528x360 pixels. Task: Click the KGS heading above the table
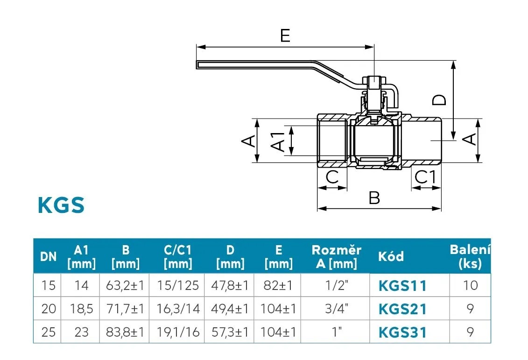[x=61, y=205]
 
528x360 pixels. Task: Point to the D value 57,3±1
[x=230, y=332]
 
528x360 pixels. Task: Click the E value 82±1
[x=278, y=285]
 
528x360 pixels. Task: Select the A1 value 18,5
[x=81, y=309]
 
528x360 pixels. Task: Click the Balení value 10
[x=470, y=285]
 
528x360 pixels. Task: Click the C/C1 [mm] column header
[x=178, y=257]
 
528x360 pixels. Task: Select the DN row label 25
[x=48, y=332]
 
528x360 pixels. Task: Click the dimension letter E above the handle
[x=285, y=35]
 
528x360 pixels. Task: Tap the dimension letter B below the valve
[x=374, y=198]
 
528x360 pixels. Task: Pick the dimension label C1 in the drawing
[x=426, y=177]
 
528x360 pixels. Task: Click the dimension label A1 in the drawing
[x=278, y=141]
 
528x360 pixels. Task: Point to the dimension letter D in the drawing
[x=439, y=99]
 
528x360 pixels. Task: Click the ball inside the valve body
[x=376, y=140]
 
